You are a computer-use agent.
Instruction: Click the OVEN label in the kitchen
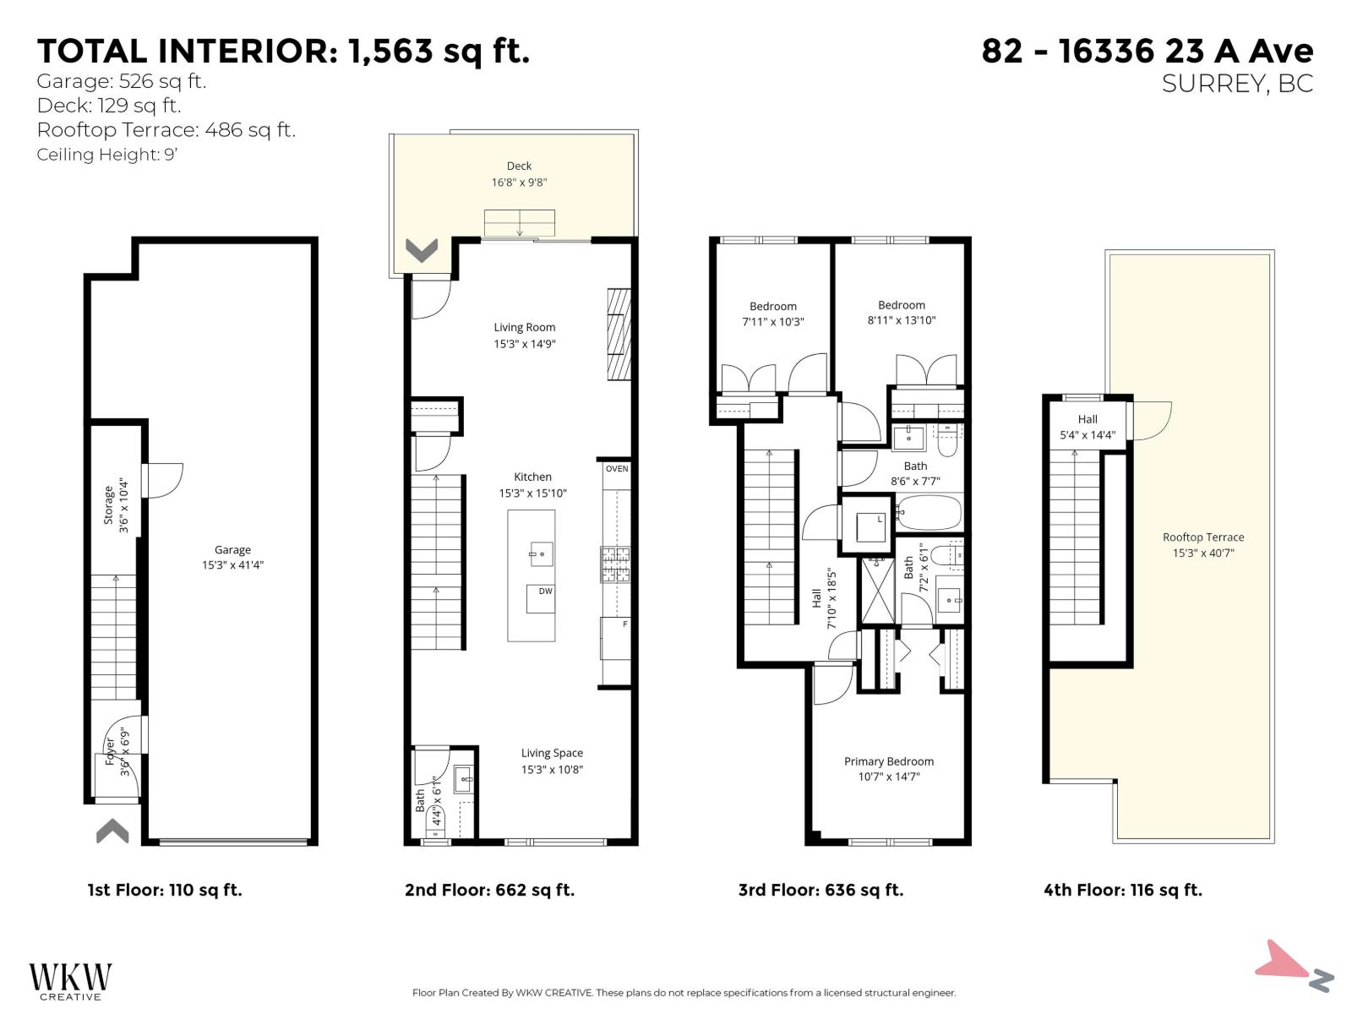point(617,469)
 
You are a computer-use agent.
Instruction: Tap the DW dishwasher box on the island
point(541,597)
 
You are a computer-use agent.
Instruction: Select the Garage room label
point(232,549)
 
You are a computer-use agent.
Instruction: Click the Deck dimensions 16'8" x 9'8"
point(519,183)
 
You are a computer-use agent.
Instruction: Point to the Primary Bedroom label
point(889,761)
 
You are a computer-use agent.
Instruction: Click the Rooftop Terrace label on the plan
point(1202,537)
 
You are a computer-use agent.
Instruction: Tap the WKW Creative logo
point(70,980)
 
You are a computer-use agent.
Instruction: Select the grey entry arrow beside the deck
point(421,250)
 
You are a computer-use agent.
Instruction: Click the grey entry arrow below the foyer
point(112,831)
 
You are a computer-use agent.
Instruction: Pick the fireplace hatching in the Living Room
point(619,335)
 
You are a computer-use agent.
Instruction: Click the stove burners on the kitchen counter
point(615,565)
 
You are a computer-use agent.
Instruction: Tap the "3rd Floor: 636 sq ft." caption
point(820,890)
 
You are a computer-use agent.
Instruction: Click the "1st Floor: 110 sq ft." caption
point(165,890)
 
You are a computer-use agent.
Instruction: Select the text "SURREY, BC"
point(1237,84)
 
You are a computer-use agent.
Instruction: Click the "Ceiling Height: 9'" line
point(106,155)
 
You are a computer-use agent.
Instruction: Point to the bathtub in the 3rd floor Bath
point(929,512)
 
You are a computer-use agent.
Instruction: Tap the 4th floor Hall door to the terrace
point(1153,420)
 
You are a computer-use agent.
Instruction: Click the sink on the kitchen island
point(541,554)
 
